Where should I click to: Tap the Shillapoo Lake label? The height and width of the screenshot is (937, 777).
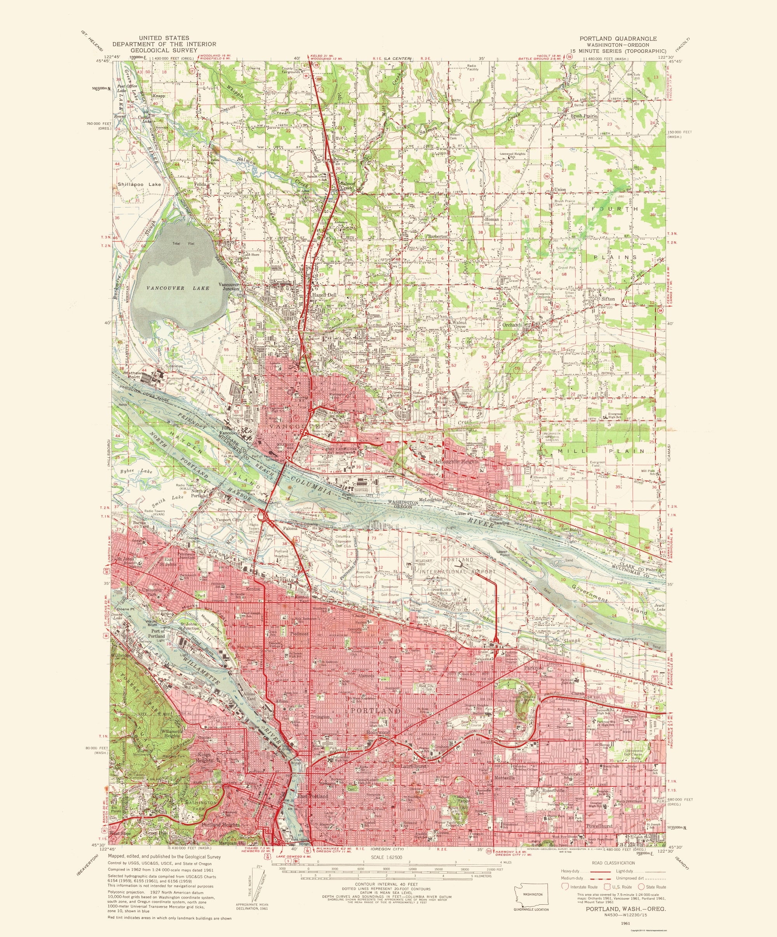click(139, 184)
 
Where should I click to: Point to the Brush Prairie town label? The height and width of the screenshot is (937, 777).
click(584, 116)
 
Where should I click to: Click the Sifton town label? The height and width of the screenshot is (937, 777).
click(608, 299)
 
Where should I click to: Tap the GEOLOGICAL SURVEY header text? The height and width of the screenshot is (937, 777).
click(164, 51)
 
